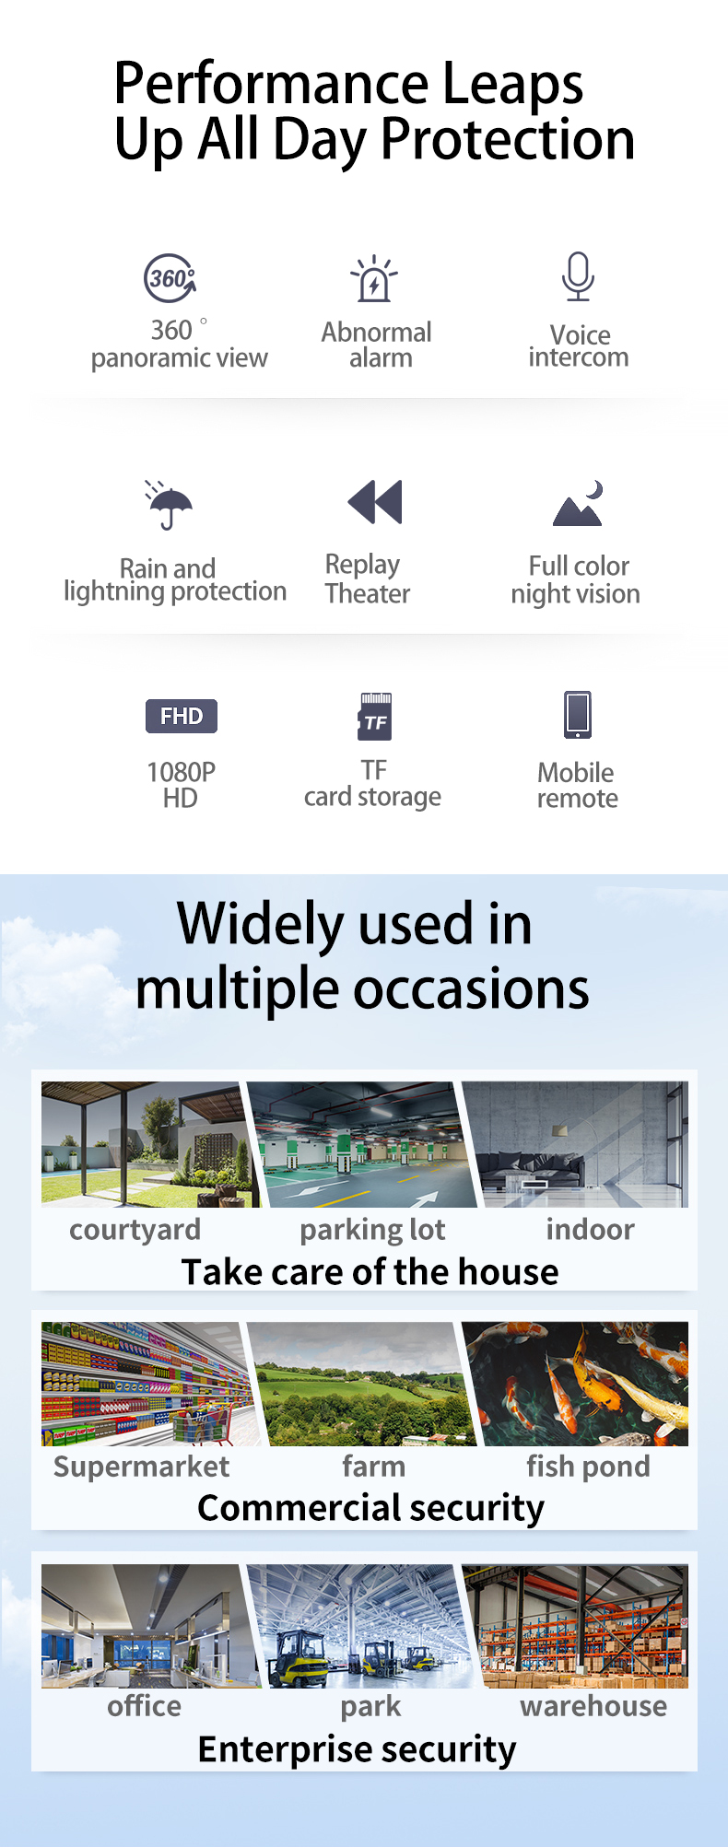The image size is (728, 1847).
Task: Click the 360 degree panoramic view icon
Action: click(170, 278)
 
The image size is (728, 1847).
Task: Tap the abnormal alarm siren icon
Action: click(374, 278)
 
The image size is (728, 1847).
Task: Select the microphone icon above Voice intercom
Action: click(578, 276)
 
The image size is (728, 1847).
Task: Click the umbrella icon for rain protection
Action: click(169, 505)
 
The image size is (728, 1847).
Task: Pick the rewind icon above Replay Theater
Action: click(375, 502)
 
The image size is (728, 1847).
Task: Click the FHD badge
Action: click(182, 716)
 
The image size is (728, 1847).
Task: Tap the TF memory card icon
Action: click(375, 717)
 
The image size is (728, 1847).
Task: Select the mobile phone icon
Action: click(578, 715)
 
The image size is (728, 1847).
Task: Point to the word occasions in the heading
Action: click(471, 989)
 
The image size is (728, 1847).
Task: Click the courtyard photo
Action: click(147, 1144)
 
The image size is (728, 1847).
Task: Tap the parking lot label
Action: click(372, 1230)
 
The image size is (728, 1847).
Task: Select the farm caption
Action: click(373, 1466)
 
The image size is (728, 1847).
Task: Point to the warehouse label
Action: click(593, 1706)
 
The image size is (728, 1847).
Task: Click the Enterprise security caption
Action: click(358, 1749)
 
